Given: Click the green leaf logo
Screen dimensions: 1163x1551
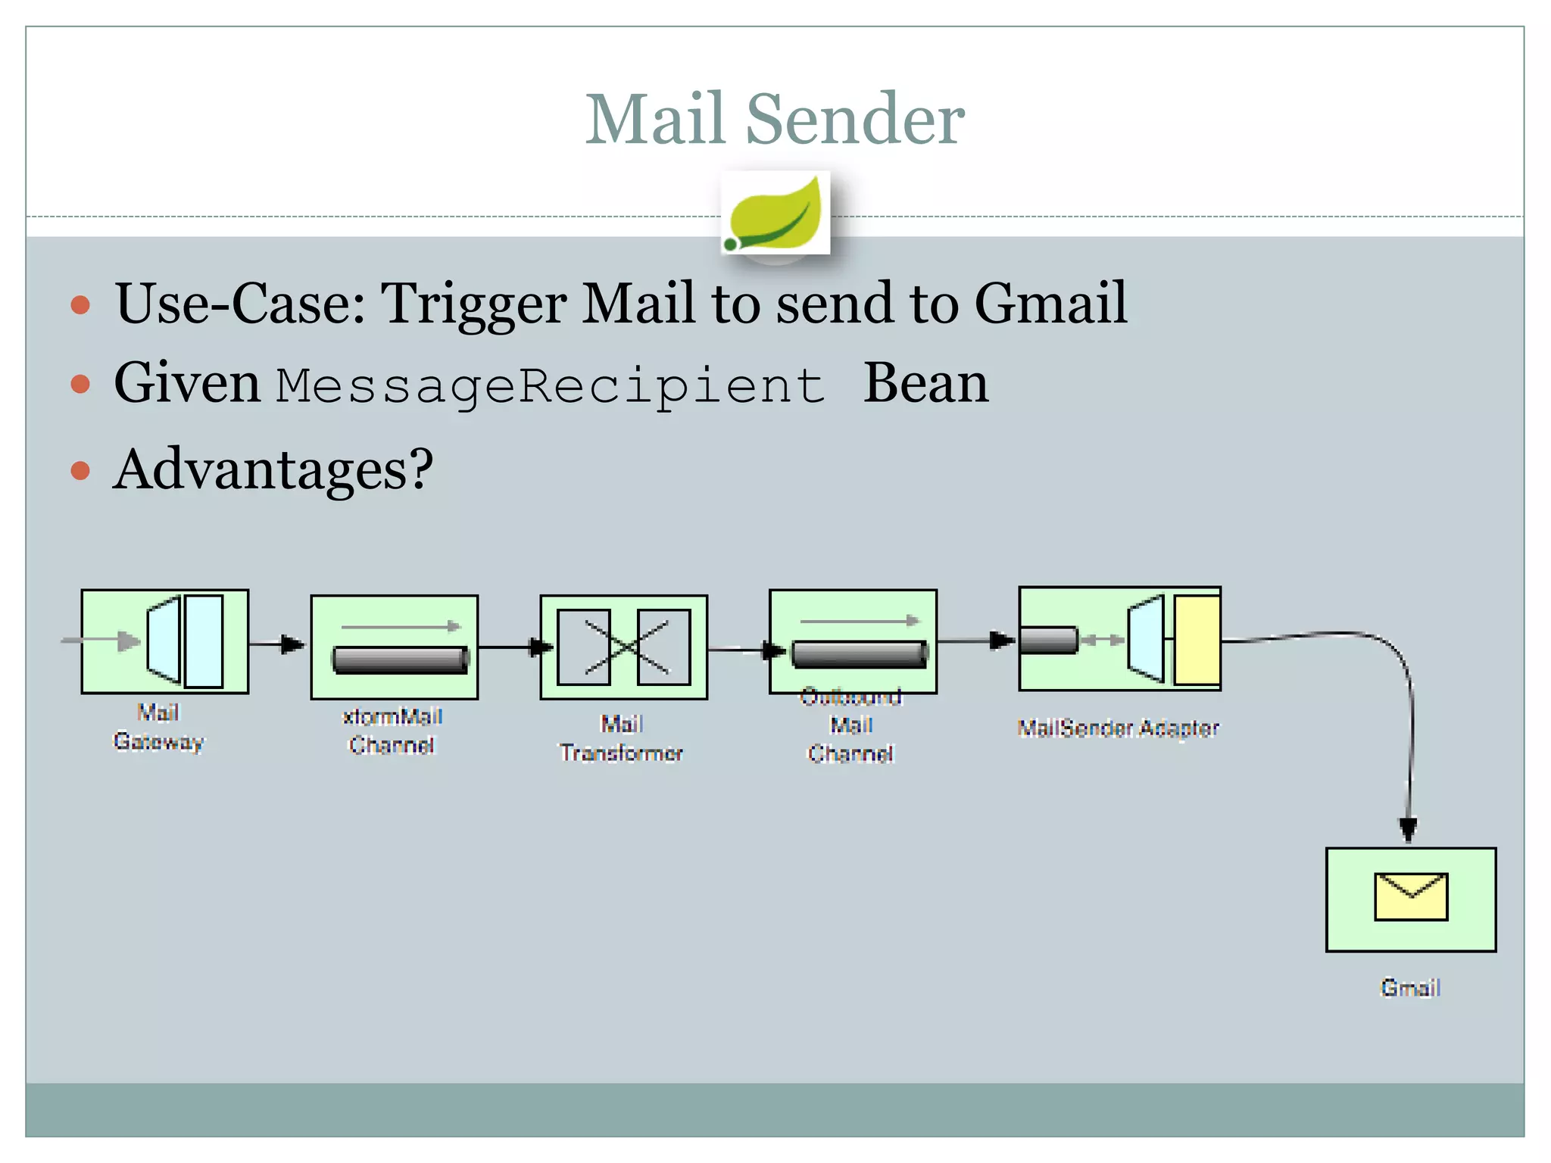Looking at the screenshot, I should pos(775,214).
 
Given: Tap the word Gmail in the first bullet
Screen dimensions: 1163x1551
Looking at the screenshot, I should pos(1050,303).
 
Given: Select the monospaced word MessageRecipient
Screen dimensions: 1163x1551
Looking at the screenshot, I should pos(550,385).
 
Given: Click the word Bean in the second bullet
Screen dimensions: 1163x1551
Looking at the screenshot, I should pos(925,383).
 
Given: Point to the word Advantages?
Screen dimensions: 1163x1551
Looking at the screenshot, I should pos(273,469).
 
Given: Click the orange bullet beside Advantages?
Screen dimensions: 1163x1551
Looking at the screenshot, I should pos(80,471).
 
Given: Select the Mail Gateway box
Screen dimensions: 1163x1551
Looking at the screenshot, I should pos(165,641).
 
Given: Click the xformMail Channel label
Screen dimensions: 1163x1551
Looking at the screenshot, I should pos(392,731).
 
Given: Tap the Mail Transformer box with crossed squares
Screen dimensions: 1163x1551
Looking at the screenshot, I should pos(623,647).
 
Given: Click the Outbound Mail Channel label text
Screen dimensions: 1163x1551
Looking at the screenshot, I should pos(851,725).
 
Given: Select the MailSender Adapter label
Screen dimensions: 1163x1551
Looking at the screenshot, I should pos(1118,728).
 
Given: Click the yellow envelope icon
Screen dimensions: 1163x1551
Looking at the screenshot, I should pos(1411,897).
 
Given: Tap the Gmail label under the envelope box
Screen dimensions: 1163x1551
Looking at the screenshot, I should pos(1410,988).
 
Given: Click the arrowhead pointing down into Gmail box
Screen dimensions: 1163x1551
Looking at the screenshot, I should pos(1408,828).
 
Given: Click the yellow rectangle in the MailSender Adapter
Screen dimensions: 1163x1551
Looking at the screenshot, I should pos(1197,640).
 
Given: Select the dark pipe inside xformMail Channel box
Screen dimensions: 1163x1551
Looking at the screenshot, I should pos(401,659).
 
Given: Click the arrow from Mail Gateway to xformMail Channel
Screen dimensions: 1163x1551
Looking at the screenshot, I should pos(277,644).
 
